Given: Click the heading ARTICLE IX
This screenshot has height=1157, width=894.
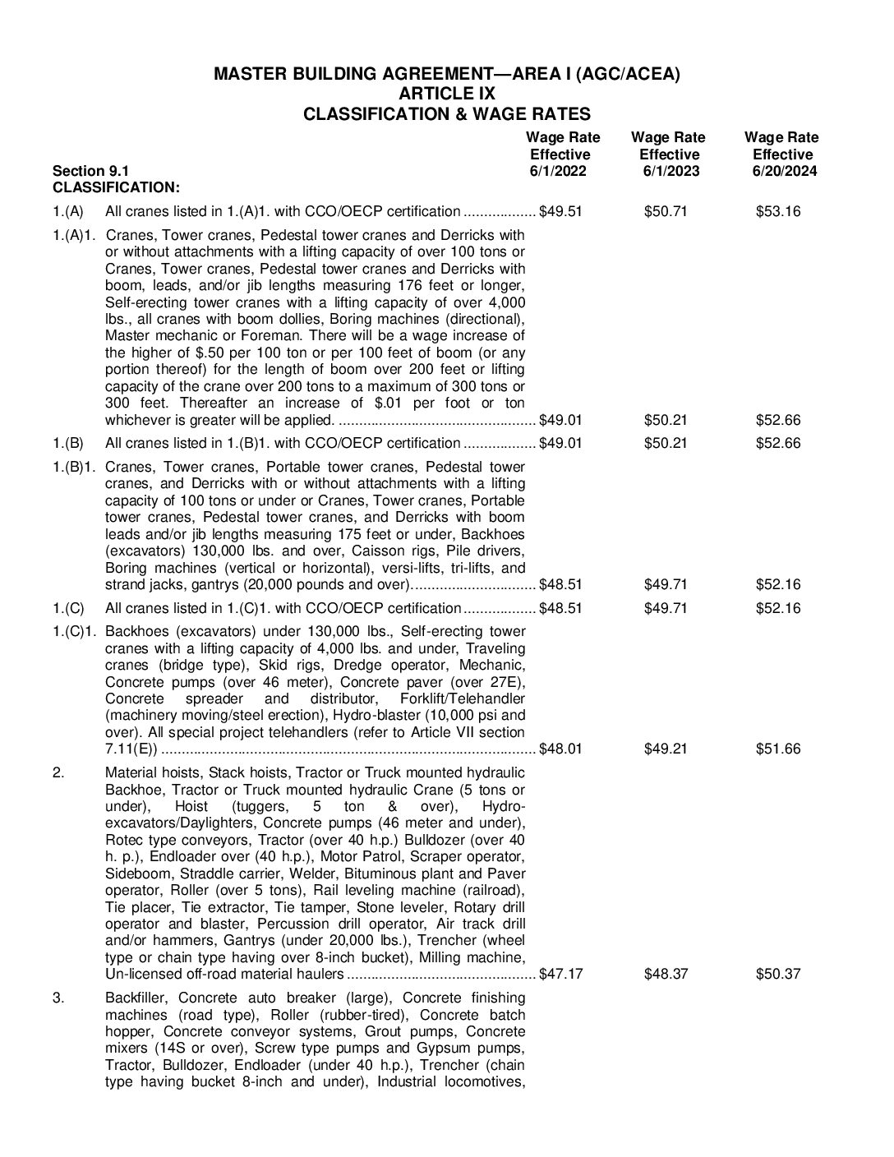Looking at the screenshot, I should coord(446,94).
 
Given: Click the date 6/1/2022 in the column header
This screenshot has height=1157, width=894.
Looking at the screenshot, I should coord(560,172).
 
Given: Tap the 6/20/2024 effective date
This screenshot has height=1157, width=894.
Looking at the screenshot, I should coord(783,172).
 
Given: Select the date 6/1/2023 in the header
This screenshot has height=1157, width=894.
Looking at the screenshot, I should coord(668,172).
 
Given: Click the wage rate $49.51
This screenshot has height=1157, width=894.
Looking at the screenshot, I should coord(560,211).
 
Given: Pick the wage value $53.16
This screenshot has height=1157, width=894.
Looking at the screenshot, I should coord(778,211).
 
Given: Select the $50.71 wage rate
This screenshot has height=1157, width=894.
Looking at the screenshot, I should coord(666,211).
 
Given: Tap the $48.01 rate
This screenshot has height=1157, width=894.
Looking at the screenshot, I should coord(560,749).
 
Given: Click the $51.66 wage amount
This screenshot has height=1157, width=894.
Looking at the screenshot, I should coord(778,749).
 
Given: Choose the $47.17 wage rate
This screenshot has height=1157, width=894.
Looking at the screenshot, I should coord(560,974).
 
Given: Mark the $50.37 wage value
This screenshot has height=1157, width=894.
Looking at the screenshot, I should coord(778,974).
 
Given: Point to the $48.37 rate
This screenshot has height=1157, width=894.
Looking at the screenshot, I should coord(666,974).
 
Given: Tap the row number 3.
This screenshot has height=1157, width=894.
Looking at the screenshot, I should coord(58,998).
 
